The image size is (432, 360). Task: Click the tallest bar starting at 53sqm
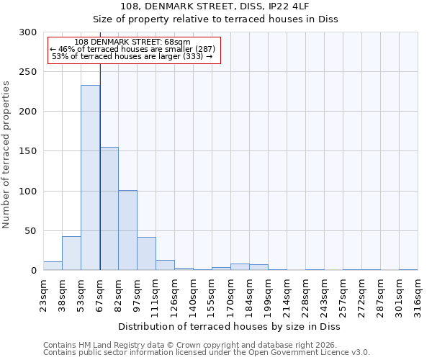coord(90,178)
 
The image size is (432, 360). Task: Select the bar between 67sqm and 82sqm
coord(109,209)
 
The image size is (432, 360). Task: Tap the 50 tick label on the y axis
coord(30,231)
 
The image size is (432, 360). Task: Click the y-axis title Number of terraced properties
coord(7,155)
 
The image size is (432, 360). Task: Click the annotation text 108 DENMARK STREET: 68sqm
coord(132,42)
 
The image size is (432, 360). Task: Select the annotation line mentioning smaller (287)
coord(132,49)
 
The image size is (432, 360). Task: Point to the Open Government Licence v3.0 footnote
coord(207,352)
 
